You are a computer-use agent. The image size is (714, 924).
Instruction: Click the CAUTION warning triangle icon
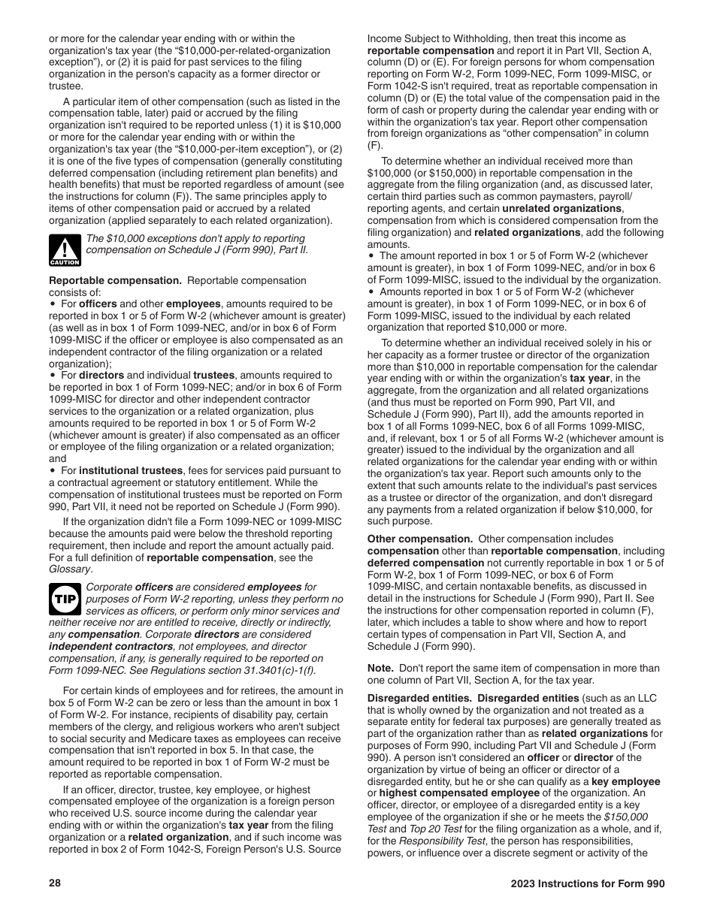[65, 250]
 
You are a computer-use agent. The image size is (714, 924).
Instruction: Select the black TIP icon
[65, 599]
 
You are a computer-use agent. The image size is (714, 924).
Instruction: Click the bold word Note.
[380, 668]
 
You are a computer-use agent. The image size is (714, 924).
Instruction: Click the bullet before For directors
[53, 375]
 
